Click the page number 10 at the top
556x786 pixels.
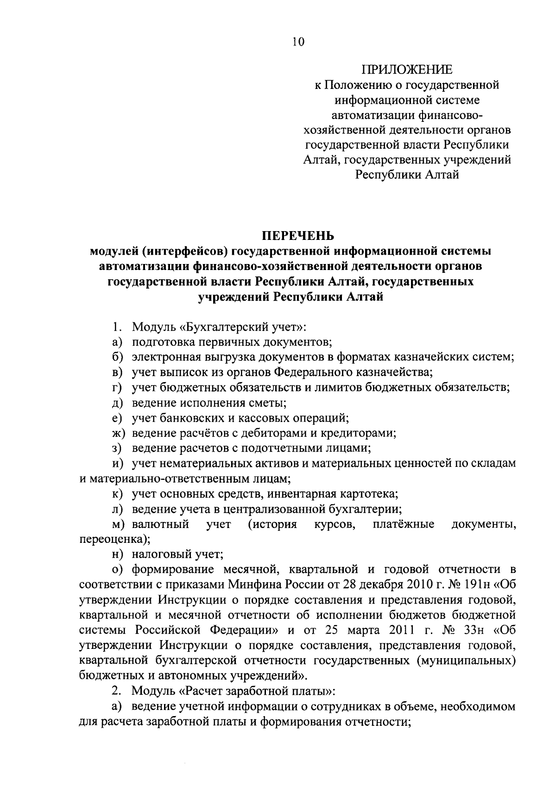(x=299, y=42)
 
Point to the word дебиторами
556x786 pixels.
(x=300, y=434)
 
